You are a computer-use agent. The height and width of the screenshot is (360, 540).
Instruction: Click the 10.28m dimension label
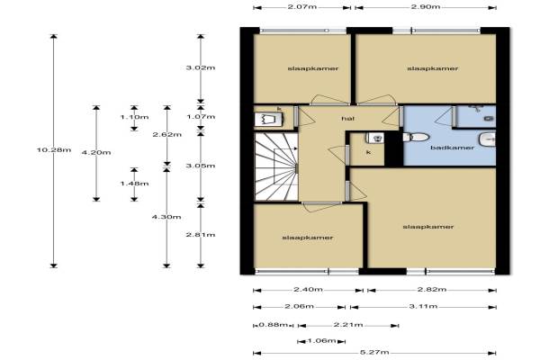54,150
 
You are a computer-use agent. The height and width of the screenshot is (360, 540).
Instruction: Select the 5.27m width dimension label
374,352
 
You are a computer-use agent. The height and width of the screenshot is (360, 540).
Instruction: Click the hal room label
347,119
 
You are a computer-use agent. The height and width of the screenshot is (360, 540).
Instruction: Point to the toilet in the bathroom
416,137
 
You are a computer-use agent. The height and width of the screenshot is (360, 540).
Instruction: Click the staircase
276,166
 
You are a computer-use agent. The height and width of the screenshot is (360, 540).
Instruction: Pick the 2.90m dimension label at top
426,6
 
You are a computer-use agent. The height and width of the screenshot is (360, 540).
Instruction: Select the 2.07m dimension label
302,6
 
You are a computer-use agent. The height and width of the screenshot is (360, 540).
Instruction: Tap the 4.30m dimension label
166,217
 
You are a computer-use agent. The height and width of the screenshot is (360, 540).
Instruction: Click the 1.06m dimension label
321,341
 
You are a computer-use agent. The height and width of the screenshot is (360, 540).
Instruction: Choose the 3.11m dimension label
423,306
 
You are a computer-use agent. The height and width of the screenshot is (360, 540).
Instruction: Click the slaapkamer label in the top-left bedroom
313,68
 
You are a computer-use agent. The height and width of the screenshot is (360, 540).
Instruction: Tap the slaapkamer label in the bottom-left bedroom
308,238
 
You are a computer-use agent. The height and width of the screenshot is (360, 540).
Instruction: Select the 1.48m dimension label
135,184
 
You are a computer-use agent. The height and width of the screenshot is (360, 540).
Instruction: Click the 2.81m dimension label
201,235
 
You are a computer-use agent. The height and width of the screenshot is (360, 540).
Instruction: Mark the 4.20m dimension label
96,153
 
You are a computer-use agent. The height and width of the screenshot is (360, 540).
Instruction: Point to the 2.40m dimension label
308,290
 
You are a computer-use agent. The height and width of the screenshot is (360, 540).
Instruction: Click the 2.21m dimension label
348,325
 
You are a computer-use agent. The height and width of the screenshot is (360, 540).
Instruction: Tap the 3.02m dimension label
201,67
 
